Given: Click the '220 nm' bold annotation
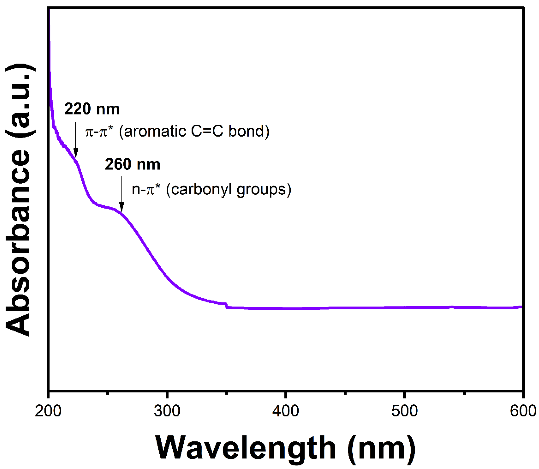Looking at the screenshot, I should click(x=92, y=109).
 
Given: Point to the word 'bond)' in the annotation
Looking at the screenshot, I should click(x=249, y=131).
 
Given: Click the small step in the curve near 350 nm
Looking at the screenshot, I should click(x=226, y=305).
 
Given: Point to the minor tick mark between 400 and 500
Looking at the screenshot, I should click(x=345, y=393).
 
